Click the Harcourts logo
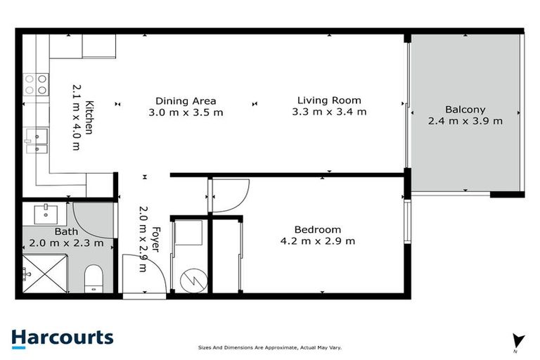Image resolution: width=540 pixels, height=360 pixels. [x=63, y=337]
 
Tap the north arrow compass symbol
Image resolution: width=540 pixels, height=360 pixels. [x=518, y=341]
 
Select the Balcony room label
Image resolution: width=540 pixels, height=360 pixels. [x=465, y=110]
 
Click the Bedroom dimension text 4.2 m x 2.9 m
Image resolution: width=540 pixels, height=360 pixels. [x=317, y=241]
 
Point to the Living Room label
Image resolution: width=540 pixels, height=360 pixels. [x=328, y=101]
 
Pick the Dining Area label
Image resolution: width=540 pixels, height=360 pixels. [x=186, y=101]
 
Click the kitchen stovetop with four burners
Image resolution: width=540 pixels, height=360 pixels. [x=36, y=84]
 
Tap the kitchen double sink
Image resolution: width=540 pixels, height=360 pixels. [x=35, y=139]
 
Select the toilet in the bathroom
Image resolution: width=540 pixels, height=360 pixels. [x=94, y=279]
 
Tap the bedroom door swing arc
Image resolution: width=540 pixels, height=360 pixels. [x=231, y=195]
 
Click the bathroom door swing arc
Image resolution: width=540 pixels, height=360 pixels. [x=91, y=219]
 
